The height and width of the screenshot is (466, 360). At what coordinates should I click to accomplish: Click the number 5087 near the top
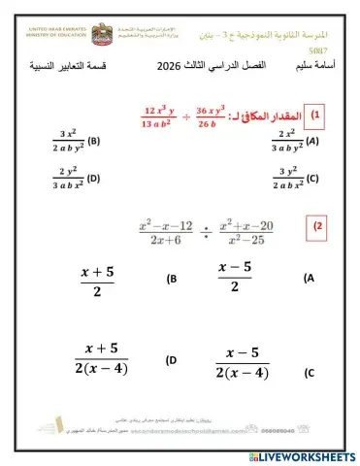(x=316, y=49)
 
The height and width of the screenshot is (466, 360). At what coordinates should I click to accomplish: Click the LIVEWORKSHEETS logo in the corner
(x=307, y=455)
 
